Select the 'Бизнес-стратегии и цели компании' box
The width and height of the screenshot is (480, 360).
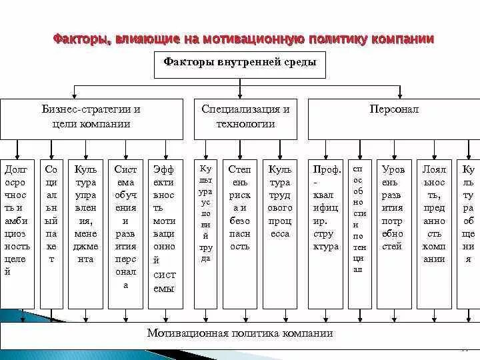(91, 117)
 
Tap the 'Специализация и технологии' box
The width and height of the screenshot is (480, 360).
(245, 117)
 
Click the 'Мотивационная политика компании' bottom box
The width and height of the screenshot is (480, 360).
(240, 333)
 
